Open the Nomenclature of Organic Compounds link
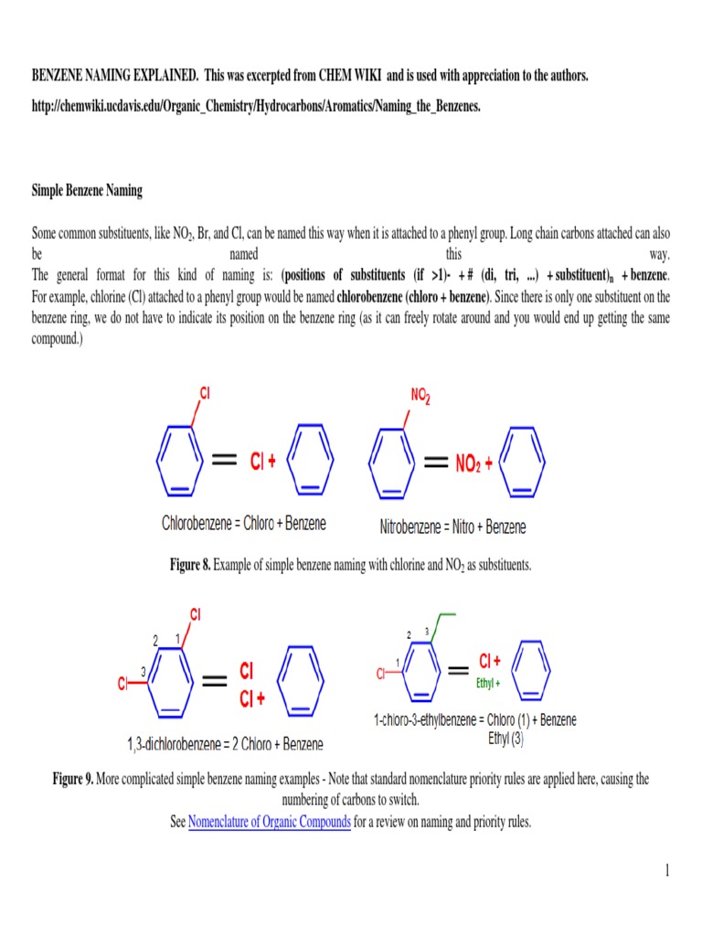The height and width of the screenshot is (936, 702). (x=270, y=822)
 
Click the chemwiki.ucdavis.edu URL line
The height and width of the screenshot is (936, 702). (x=256, y=106)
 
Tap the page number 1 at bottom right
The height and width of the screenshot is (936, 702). (x=668, y=870)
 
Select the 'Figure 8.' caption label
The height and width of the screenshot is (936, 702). (x=190, y=566)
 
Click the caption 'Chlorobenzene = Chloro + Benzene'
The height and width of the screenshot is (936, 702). (x=244, y=524)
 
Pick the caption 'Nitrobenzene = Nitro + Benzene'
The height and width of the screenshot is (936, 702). (x=452, y=527)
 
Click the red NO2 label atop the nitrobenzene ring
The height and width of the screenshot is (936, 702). (x=420, y=396)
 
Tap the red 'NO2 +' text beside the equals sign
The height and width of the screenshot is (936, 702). (x=474, y=463)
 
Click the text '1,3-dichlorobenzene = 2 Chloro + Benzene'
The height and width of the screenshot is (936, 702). (x=225, y=744)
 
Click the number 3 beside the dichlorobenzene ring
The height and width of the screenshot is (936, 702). (x=144, y=672)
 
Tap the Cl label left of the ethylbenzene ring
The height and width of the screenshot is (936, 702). (x=381, y=675)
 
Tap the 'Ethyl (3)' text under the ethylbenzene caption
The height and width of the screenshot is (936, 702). (x=505, y=739)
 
